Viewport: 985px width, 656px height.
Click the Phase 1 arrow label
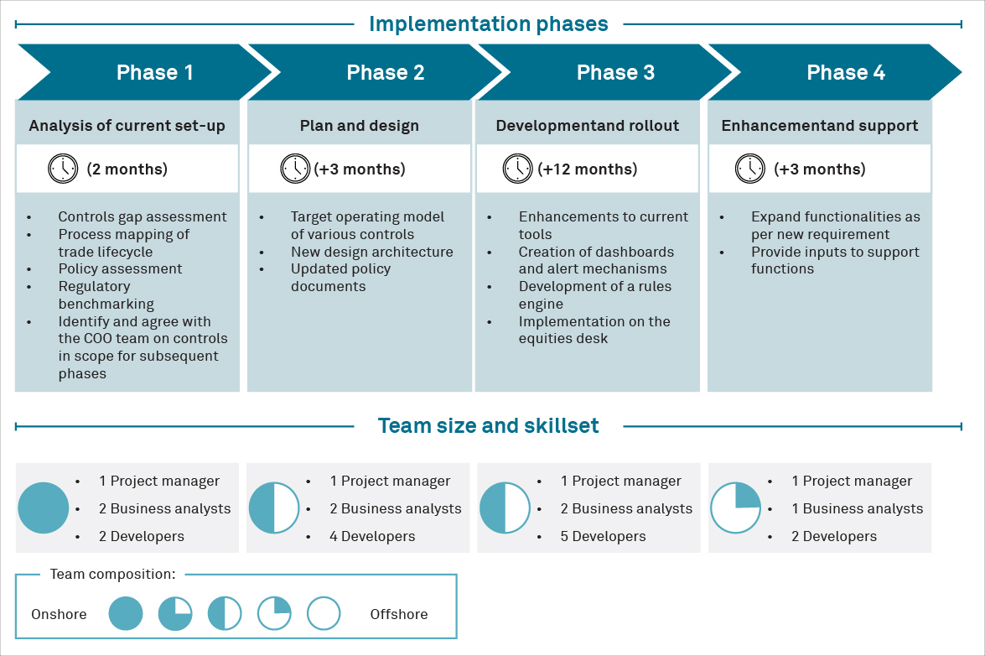[154, 73]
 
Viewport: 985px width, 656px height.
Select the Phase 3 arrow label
[615, 73]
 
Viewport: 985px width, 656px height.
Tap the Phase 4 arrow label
[845, 73]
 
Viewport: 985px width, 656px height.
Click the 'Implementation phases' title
[489, 24]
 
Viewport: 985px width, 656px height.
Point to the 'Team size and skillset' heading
[489, 426]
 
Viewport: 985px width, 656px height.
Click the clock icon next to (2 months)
[63, 169]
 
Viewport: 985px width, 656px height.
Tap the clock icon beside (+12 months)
[517, 169]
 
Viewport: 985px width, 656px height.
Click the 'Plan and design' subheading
[359, 127]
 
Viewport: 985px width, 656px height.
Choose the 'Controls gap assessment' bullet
[143, 217]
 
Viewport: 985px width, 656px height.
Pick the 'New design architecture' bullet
[371, 252]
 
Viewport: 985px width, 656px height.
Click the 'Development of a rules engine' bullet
[594, 295]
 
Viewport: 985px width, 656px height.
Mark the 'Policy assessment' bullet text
[120, 269]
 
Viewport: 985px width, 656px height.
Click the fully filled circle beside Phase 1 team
[43, 508]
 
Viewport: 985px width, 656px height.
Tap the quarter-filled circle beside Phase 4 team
[735, 508]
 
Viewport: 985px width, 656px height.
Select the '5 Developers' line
[603, 537]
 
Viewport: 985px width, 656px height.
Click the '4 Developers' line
[372, 537]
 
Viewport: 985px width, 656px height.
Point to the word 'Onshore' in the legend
[59, 615]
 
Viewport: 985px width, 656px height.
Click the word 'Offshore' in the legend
[399, 615]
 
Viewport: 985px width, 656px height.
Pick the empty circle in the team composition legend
[324, 614]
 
